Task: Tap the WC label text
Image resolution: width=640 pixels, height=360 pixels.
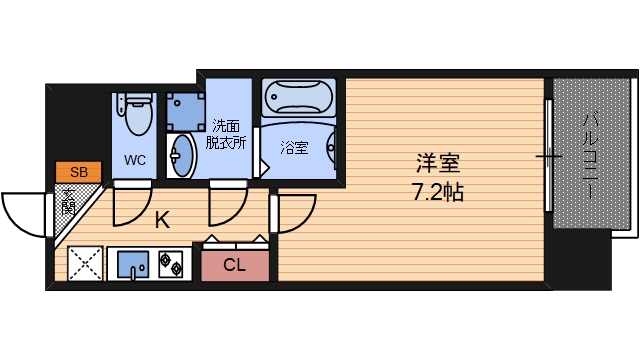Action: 135,159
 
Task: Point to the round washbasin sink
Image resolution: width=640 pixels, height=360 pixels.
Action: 184,155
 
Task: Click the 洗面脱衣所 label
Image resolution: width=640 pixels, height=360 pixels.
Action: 225,134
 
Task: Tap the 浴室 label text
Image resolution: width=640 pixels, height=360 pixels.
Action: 294,148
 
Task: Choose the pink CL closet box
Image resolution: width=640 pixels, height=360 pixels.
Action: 235,264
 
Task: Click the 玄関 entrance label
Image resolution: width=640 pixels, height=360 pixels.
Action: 68,203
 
